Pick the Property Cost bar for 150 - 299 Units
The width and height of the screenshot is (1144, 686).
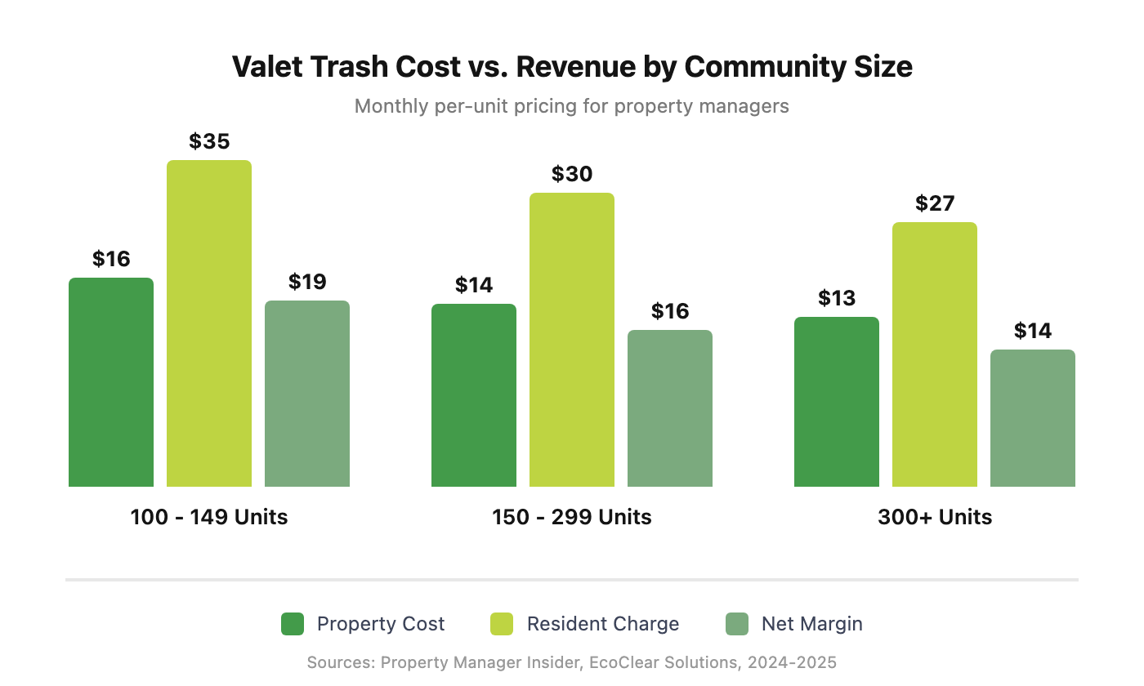(474, 395)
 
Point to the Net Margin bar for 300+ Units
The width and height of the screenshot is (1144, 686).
(1033, 418)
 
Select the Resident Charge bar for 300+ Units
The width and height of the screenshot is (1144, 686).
(935, 354)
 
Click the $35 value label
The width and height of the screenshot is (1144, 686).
(209, 141)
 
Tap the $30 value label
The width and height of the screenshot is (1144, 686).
(572, 174)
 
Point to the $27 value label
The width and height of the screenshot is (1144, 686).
(935, 203)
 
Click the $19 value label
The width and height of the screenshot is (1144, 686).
(307, 282)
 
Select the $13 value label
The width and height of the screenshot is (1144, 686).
(837, 298)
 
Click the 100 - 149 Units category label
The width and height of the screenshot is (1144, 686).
(209, 517)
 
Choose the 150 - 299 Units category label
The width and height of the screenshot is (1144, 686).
(572, 517)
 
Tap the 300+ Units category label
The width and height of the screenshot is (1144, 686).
(935, 517)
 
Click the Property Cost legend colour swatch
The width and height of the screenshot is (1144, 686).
(293, 624)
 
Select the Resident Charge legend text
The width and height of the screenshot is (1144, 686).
(603, 624)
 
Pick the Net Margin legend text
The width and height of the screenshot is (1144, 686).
(811, 624)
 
